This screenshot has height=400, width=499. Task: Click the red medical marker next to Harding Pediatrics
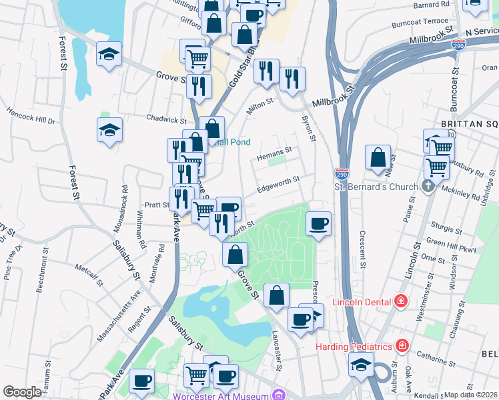pyautogui.click(x=402, y=345)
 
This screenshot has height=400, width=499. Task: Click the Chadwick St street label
pyautogui.click(x=166, y=119)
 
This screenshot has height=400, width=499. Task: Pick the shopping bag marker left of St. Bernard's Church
pyautogui.click(x=378, y=158)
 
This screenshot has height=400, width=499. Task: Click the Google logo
pyautogui.click(x=22, y=392)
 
